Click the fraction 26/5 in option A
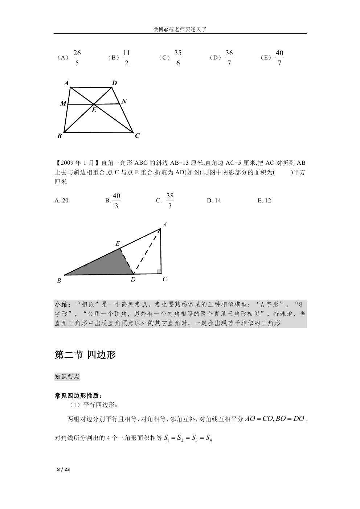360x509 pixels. point(77,58)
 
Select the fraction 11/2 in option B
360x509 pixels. point(126,58)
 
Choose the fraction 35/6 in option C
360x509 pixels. point(177,58)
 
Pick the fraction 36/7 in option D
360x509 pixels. point(229,58)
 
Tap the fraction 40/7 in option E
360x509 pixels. point(279,58)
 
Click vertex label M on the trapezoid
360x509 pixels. point(63,104)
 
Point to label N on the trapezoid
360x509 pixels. point(124,102)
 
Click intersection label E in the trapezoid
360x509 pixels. point(94,110)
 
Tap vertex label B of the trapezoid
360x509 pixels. point(60,136)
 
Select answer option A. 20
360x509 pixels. point(61,201)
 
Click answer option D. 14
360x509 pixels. point(213,201)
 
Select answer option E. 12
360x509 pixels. point(264,201)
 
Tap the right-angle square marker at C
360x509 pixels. point(159,272)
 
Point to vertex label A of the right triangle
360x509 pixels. point(165,225)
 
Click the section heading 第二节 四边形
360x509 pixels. point(85,355)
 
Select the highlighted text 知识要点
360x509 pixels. point(67,377)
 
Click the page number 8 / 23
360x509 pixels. point(63,469)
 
